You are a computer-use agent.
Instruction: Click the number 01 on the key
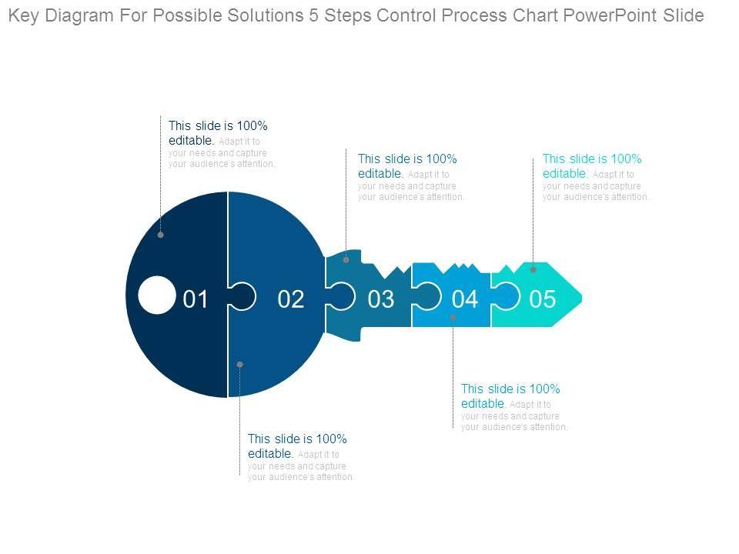pyautogui.click(x=196, y=299)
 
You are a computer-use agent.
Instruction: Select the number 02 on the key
pyautogui.click(x=291, y=299)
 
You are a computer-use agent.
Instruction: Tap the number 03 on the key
pyautogui.click(x=381, y=299)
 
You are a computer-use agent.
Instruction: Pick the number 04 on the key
pyautogui.click(x=464, y=299)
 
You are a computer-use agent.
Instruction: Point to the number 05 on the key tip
pyautogui.click(x=543, y=299)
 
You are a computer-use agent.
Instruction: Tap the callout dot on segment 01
pyautogui.click(x=161, y=235)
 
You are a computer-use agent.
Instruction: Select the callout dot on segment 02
pyautogui.click(x=240, y=364)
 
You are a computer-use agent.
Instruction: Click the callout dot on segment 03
pyautogui.click(x=346, y=260)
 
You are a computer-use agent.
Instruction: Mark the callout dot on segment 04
pyautogui.click(x=453, y=317)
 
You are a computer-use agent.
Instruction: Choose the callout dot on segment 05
pyautogui.click(x=533, y=270)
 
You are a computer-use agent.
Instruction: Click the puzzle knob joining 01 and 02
pyautogui.click(x=242, y=296)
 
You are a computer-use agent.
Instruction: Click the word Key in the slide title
pyautogui.click(x=25, y=15)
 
